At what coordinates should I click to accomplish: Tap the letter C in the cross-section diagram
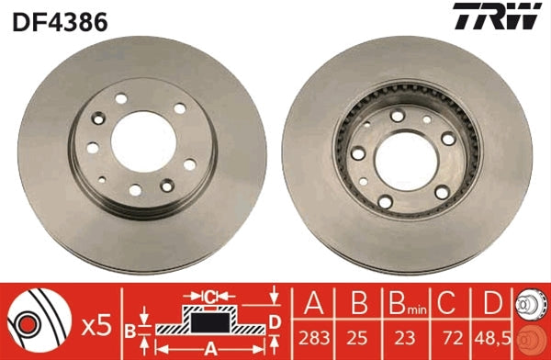[x=209, y=296]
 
